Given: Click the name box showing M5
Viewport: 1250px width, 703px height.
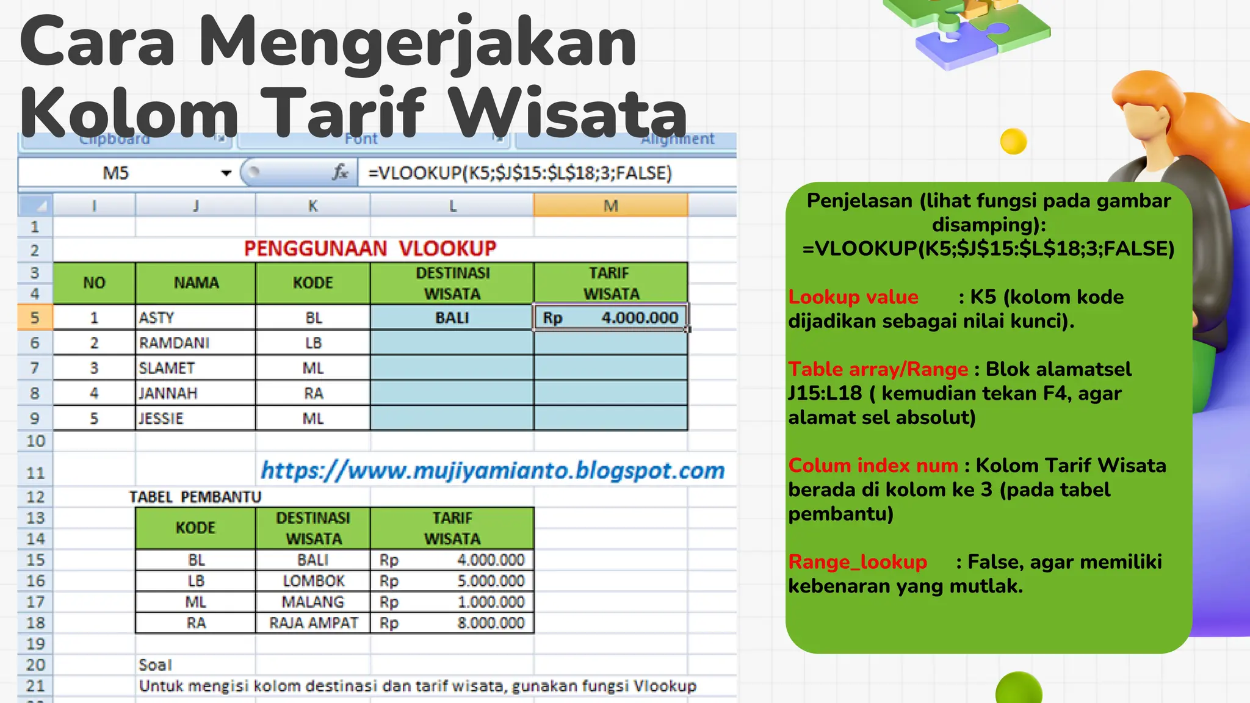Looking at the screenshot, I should pyautogui.click(x=116, y=173).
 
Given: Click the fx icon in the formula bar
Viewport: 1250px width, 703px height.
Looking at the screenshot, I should pyautogui.click(x=340, y=173).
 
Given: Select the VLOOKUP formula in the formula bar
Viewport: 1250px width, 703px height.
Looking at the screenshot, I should pyautogui.click(x=519, y=173).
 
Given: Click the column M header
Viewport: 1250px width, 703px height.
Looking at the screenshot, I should pyautogui.click(x=610, y=206).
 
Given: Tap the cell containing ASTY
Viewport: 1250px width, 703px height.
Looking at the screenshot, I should pyautogui.click(x=157, y=318).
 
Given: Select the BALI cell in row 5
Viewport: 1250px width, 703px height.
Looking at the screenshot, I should pyautogui.click(x=452, y=318).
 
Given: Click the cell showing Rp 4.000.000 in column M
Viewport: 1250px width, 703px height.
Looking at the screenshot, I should pyautogui.click(x=610, y=318).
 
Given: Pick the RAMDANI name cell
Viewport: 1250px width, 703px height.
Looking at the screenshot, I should pyautogui.click(x=174, y=343).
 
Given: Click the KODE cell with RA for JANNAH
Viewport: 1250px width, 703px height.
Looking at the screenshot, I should pyautogui.click(x=313, y=394).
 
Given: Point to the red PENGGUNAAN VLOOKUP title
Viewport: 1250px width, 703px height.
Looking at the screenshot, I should pyautogui.click(x=370, y=248).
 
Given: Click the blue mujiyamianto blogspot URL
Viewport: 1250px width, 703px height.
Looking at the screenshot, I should pyautogui.click(x=493, y=470).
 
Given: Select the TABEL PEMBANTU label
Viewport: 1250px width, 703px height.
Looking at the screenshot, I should pyautogui.click(x=195, y=497).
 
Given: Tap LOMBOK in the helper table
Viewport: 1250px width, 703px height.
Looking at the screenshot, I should pyautogui.click(x=313, y=581).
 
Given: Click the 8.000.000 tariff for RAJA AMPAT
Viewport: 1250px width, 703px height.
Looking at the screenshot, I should pyautogui.click(x=491, y=623).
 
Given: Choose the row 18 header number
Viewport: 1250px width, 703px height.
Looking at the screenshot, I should pyautogui.click(x=35, y=623).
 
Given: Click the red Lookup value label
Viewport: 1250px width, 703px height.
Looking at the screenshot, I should pyautogui.click(x=853, y=297).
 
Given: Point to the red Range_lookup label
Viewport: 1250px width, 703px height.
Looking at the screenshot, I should pyautogui.click(x=858, y=562).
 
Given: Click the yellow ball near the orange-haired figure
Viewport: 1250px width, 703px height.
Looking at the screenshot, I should pyautogui.click(x=1013, y=142).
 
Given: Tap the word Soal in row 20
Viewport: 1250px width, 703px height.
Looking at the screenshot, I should pyautogui.click(x=155, y=665).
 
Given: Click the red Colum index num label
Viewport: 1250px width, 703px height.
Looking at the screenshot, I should pyautogui.click(x=873, y=466).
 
